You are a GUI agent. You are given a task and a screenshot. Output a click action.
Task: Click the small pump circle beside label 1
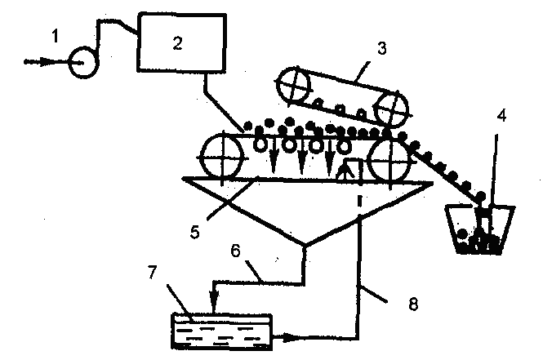coord(82,60)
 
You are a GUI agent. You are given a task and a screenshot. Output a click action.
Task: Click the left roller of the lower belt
coord(222,155)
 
